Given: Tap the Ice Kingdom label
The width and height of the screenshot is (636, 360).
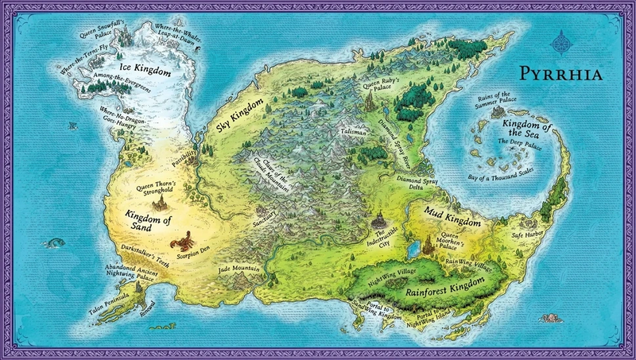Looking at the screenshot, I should coord(145,71).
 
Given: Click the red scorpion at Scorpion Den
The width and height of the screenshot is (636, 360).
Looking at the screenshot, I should coord(184,238).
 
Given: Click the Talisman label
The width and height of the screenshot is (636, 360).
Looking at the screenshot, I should coord(351,133).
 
